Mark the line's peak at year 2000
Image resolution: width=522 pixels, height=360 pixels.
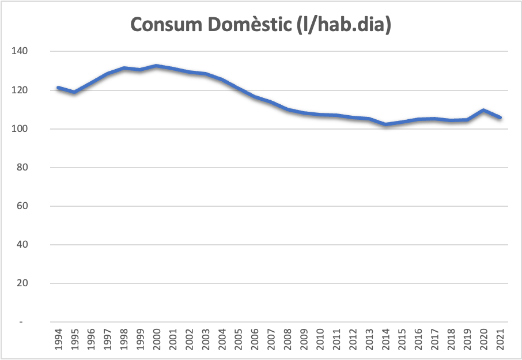click(x=157, y=66)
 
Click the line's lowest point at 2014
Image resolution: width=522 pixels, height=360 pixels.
click(x=385, y=124)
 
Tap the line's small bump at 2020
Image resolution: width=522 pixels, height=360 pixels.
click(x=483, y=110)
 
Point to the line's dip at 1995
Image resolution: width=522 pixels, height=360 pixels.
click(x=74, y=92)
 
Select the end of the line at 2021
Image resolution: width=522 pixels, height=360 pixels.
click(x=500, y=118)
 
